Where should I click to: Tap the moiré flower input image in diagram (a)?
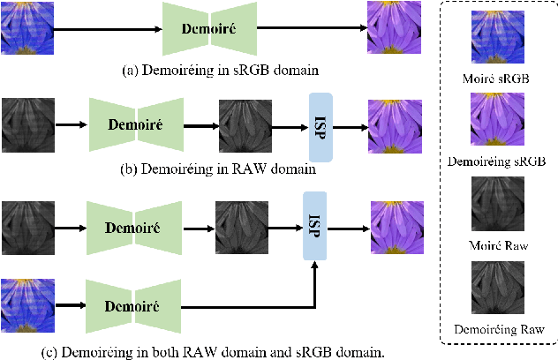(26, 26)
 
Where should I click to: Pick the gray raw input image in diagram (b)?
(26, 124)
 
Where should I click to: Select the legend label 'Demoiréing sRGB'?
(497, 162)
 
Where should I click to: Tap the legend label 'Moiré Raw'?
(498, 245)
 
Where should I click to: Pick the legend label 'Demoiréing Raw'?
(498, 328)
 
